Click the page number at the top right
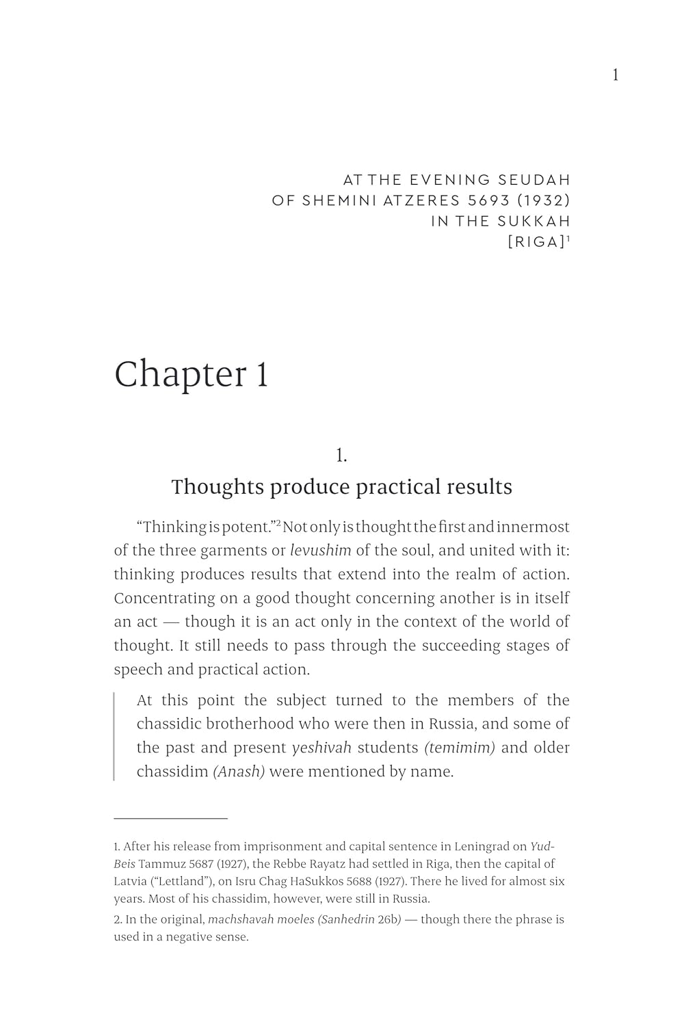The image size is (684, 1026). click(x=616, y=75)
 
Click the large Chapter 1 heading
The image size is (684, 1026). click(x=191, y=374)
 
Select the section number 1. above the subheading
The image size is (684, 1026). click(x=341, y=455)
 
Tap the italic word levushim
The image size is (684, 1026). click(x=320, y=551)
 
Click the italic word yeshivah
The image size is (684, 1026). click(x=321, y=748)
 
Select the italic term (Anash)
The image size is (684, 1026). click(x=239, y=772)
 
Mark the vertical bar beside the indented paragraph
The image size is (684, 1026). click(x=114, y=736)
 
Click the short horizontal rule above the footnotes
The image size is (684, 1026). click(x=170, y=817)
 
